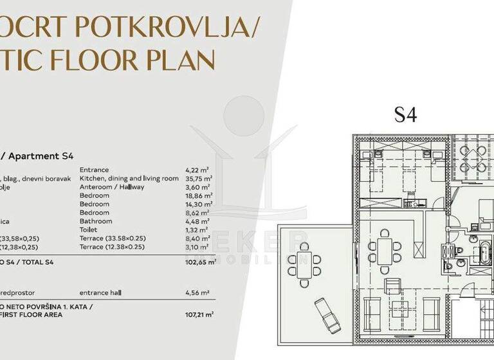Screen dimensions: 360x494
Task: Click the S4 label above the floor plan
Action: click(405, 115)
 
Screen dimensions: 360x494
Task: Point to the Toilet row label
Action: click(88, 229)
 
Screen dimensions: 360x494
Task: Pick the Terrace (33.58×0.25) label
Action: click(113, 238)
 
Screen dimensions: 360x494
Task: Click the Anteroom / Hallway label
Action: click(112, 186)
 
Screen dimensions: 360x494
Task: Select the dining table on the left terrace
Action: click(308, 264)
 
